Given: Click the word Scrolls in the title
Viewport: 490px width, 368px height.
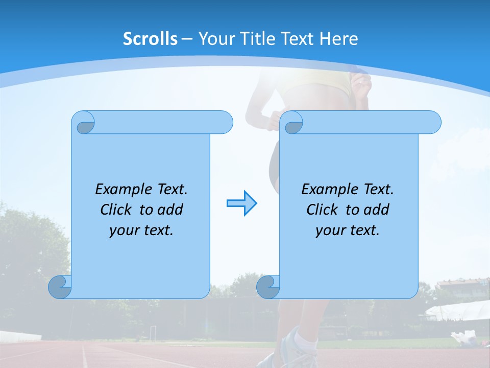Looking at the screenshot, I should [x=151, y=39].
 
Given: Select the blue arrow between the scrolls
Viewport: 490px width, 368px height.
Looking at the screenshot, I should [x=241, y=203].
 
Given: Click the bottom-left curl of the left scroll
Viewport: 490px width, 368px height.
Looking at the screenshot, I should [x=60, y=287].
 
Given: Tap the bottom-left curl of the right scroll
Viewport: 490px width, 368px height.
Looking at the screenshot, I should [x=268, y=287].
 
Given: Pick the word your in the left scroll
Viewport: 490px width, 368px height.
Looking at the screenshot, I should [x=122, y=231].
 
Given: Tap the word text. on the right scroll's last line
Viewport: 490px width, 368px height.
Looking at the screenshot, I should [x=363, y=231].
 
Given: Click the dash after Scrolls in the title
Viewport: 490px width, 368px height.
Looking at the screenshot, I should [x=187, y=39].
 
